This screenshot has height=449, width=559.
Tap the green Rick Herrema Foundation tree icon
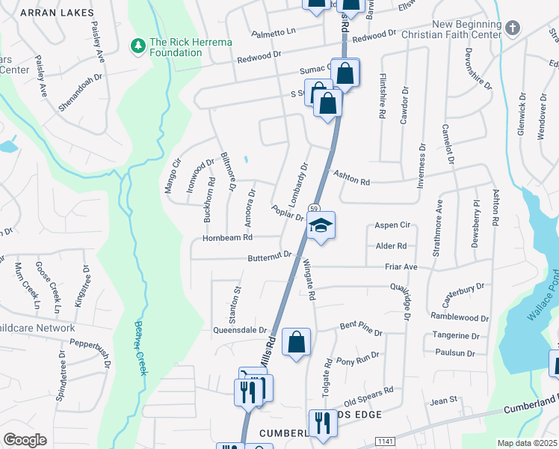click(x=138, y=46)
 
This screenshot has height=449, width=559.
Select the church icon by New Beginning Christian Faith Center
click(x=512, y=28)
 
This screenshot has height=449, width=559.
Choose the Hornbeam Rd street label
click(x=227, y=238)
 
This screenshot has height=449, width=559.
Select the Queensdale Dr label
click(x=240, y=329)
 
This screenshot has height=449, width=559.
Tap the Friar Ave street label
click(x=401, y=266)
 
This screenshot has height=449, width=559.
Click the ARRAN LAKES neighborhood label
click(x=57, y=13)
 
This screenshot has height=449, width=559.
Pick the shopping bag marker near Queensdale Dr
click(x=297, y=342)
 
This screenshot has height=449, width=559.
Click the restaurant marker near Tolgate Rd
click(x=323, y=422)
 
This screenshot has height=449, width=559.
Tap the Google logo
click(x=25, y=440)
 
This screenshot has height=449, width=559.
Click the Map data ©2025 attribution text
click(x=527, y=443)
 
